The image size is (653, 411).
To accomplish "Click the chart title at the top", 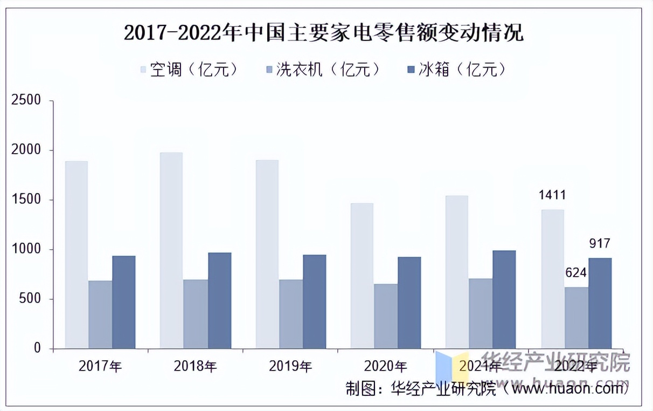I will (324, 33).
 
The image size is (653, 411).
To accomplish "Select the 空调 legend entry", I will (189, 70).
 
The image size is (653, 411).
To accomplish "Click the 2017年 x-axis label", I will (100, 367).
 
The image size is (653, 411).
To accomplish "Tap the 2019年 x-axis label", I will (290, 367).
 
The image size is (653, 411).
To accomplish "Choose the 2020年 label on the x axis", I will (386, 367).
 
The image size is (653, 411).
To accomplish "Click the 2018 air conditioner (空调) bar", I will (171, 250).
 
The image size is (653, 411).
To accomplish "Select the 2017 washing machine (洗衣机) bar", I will (100, 314).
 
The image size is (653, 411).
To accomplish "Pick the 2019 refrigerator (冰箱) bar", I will (314, 302).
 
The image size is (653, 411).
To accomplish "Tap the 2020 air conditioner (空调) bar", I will (362, 276).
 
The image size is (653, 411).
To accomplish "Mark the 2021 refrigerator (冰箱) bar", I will (504, 299).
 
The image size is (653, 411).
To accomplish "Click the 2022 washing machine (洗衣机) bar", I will (576, 318).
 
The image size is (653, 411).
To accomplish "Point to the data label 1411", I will (552, 195).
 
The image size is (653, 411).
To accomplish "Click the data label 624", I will (575, 273).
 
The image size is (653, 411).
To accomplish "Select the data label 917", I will (599, 243).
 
